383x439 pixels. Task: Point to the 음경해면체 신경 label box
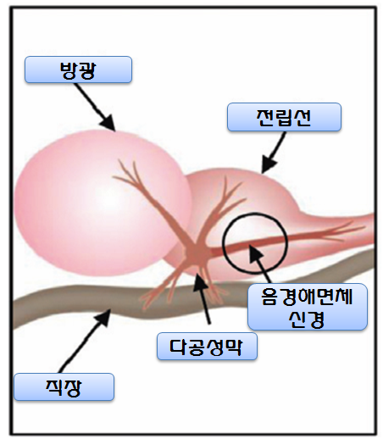point(307,306)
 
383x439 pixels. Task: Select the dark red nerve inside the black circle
point(254,247)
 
